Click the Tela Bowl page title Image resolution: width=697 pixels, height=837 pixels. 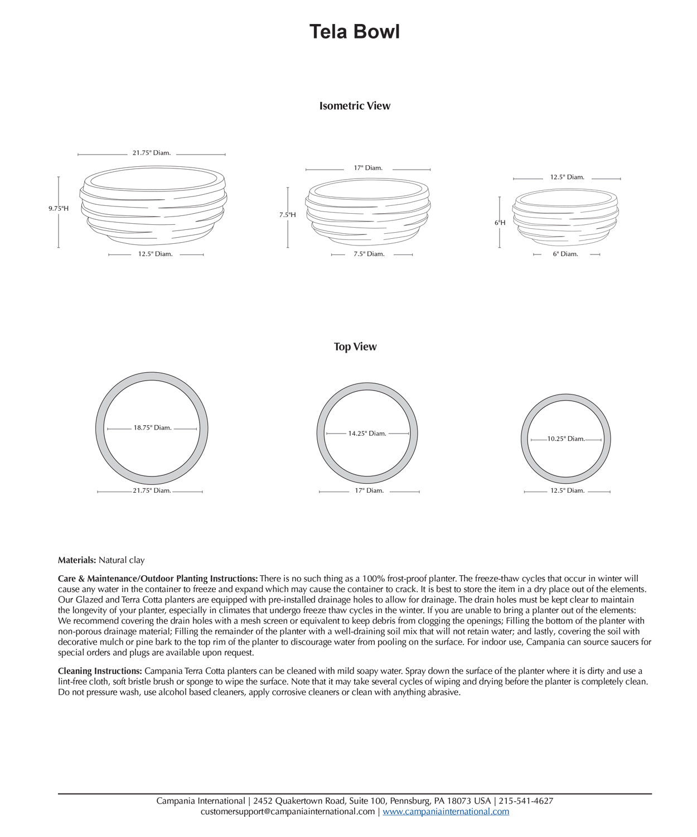[x=355, y=32]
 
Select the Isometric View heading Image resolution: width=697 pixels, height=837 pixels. [x=355, y=106]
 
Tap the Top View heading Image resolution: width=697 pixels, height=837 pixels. [x=355, y=347]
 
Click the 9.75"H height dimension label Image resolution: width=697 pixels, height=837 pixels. [x=59, y=209]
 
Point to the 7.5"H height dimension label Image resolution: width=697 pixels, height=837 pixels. [x=288, y=215]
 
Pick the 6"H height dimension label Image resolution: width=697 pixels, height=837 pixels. [x=500, y=223]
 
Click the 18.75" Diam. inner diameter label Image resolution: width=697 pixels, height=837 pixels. [x=152, y=428]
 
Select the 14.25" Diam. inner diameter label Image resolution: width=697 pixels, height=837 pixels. [x=367, y=434]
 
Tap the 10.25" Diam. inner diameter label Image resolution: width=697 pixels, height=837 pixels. [x=566, y=439]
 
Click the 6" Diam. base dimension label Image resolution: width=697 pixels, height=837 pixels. [x=565, y=254]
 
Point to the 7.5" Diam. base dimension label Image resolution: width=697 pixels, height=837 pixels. [x=369, y=254]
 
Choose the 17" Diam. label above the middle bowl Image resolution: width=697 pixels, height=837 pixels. [x=368, y=168]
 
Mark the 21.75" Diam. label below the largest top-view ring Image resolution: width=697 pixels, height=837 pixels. [x=152, y=491]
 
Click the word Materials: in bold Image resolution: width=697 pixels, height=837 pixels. [x=77, y=560]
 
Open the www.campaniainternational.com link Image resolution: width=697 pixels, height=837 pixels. [x=446, y=811]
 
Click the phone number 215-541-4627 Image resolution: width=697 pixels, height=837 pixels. [x=526, y=801]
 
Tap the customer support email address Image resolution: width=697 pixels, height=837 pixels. [x=288, y=811]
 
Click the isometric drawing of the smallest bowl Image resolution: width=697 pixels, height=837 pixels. [x=565, y=217]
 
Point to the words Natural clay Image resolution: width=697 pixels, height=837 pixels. [x=122, y=560]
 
